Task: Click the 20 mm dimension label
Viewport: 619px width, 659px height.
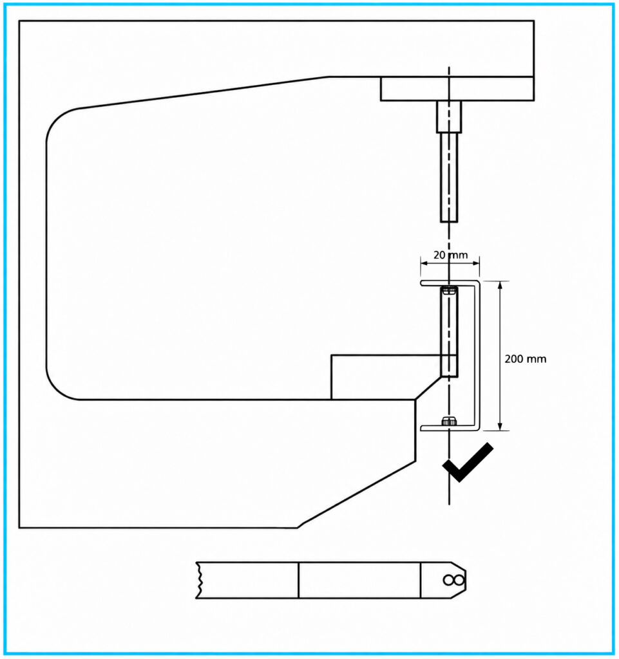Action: tap(450, 255)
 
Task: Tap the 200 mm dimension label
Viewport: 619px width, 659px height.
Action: tap(525, 358)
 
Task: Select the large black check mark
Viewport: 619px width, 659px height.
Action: tap(468, 462)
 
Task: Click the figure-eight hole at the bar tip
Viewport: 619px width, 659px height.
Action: tap(453, 580)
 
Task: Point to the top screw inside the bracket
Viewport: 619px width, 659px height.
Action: tap(449, 290)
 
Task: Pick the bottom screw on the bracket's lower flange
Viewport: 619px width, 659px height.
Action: tap(449, 421)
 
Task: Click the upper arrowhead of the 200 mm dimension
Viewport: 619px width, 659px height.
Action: tap(500, 285)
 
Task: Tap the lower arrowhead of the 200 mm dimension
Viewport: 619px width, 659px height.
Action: tap(500, 426)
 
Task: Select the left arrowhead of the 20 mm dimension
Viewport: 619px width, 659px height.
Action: tap(424, 263)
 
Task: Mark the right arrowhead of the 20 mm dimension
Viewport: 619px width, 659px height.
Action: tap(475, 263)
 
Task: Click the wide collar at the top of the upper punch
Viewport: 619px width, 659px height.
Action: tap(449, 116)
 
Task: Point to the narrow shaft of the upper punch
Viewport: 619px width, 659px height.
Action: tap(449, 178)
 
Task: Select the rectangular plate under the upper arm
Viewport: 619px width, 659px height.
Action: tap(457, 89)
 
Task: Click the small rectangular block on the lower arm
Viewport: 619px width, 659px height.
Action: tap(386, 377)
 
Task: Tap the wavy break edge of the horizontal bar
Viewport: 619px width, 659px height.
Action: tap(198, 580)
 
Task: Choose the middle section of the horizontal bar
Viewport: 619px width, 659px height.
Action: tap(359, 580)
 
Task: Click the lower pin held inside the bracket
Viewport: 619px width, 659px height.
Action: tap(449, 332)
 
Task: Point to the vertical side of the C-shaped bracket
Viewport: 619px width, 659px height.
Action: tap(478, 355)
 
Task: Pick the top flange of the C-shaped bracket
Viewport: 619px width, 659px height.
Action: tap(450, 283)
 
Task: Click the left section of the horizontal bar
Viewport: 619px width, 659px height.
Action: tap(248, 580)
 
